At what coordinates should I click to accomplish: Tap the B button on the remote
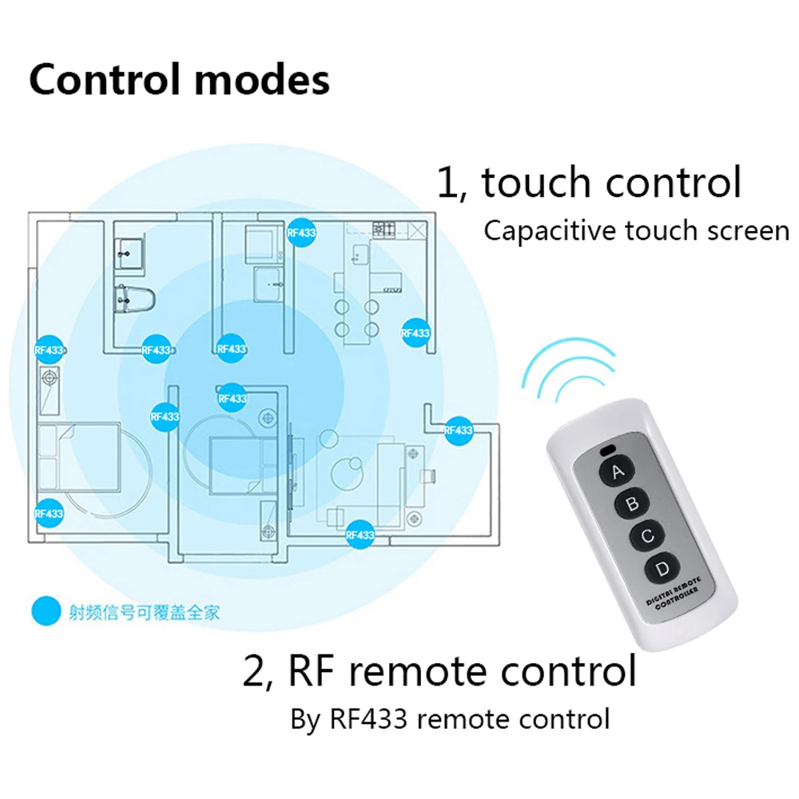(x=631, y=503)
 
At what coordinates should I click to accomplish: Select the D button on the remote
(x=662, y=568)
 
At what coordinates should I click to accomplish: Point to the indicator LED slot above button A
(x=609, y=447)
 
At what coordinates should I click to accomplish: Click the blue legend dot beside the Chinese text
(x=46, y=613)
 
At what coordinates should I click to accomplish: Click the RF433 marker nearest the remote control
(x=458, y=430)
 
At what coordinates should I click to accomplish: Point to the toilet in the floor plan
(x=133, y=298)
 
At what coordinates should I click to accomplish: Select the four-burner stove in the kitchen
(x=384, y=228)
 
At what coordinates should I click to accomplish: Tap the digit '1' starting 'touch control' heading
(x=446, y=182)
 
